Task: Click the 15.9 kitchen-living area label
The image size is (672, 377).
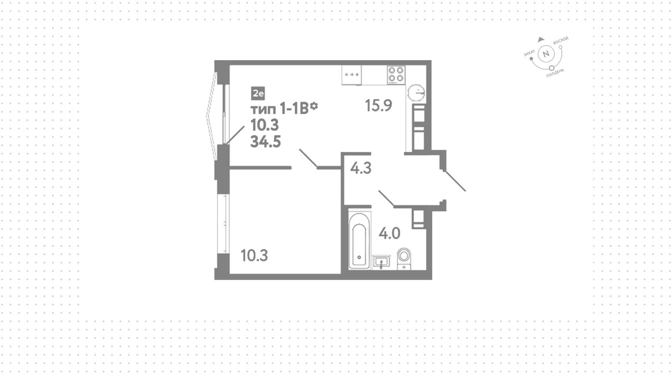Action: coord(378,105)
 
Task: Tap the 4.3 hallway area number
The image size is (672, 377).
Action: coord(361,168)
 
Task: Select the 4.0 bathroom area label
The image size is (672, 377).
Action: coord(390,233)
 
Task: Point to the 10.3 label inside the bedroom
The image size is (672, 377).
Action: coord(254,256)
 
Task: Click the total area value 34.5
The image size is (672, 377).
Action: coord(266,142)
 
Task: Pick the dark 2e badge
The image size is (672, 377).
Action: coord(258,93)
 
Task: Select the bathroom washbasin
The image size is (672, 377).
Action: coord(381,262)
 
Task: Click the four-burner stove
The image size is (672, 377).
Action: coord(396,75)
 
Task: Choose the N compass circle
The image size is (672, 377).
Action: coord(545,54)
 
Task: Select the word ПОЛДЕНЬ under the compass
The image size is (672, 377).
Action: coord(555,73)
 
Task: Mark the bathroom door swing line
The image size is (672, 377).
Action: coord(387,199)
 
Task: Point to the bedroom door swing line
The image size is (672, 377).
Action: coord(308,158)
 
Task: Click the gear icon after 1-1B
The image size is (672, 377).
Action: coord(314,106)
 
